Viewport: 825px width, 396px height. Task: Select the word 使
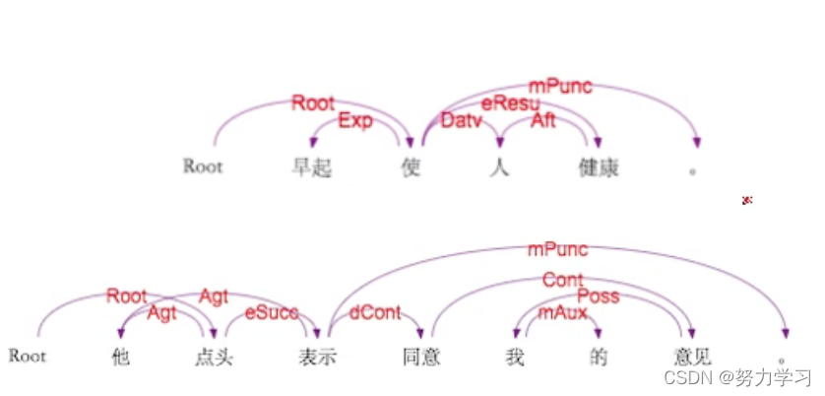click(x=412, y=167)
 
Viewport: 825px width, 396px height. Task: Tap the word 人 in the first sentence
click(x=500, y=167)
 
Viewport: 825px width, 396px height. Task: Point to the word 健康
click(x=599, y=167)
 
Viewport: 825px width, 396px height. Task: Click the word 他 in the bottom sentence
click(x=121, y=357)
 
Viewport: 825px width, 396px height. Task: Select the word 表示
click(x=318, y=357)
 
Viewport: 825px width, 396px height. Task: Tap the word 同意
click(x=421, y=357)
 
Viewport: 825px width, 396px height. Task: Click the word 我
click(x=512, y=357)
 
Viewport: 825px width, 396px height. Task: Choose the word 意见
click(x=688, y=357)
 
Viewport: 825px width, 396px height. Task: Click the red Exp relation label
click(x=355, y=121)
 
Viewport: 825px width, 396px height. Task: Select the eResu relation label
click(x=510, y=102)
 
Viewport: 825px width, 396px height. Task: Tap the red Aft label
click(x=543, y=121)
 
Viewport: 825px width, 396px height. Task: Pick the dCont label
click(x=375, y=313)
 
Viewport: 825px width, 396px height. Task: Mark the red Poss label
click(x=598, y=297)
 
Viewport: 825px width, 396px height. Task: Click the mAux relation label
click(x=563, y=313)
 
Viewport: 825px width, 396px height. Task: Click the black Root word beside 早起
click(x=203, y=166)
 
